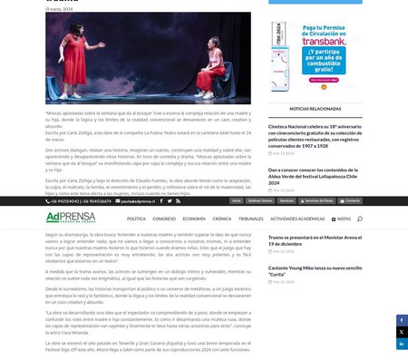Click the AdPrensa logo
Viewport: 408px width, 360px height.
point(70,218)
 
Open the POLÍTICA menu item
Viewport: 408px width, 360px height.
point(136,219)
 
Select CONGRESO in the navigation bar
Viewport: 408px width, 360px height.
point(164,219)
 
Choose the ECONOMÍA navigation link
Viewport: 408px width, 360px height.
point(194,219)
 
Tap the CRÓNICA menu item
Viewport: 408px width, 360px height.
point(222,219)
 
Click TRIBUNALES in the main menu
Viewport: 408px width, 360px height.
point(250,219)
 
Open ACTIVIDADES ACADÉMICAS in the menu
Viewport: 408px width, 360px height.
point(297,219)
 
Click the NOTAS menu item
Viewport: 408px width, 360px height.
point(343,219)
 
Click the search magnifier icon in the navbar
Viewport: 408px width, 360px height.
point(360,219)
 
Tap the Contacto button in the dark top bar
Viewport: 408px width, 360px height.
point(350,200)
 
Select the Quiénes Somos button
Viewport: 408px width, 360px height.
point(260,200)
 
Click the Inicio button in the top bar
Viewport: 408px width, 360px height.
point(236,200)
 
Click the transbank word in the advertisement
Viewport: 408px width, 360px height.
point(318,40)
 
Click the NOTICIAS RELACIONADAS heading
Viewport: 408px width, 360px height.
point(316,107)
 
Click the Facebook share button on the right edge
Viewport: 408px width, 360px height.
point(402,320)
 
